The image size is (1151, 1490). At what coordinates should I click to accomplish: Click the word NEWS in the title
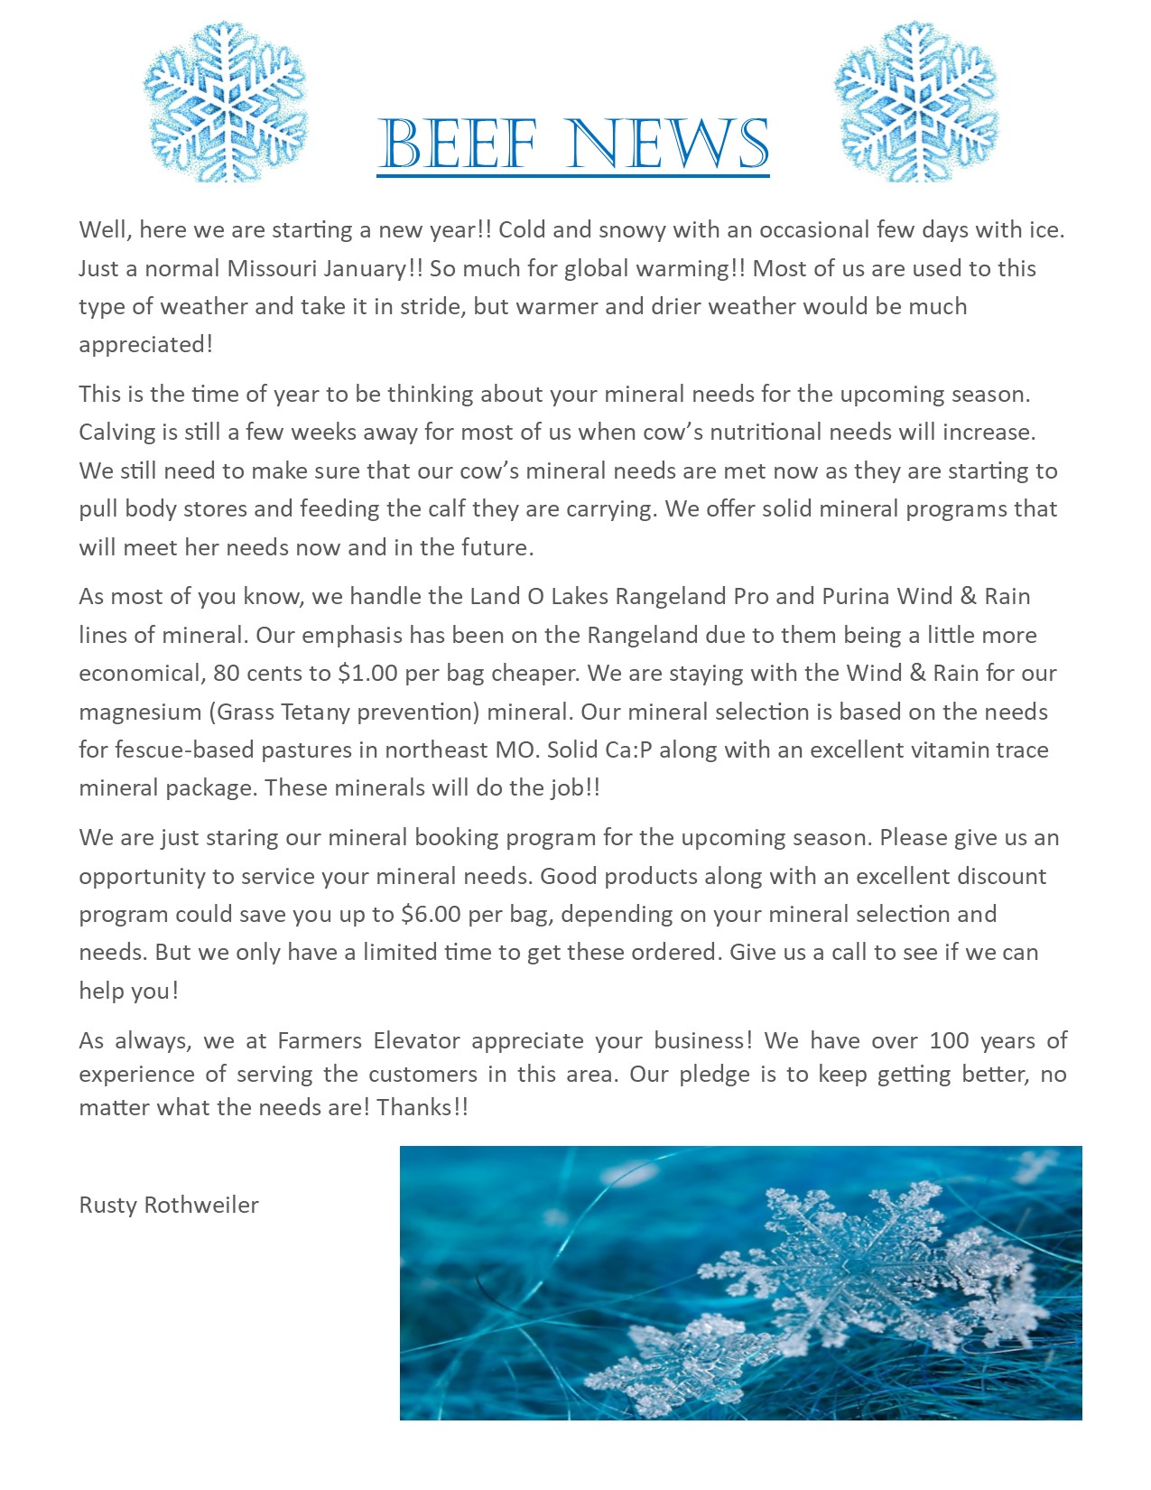pos(670,144)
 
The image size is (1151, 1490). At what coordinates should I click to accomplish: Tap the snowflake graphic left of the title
pos(226,101)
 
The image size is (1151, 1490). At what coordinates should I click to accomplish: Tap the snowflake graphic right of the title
pos(917,101)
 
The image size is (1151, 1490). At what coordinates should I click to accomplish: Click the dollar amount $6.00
pos(431,915)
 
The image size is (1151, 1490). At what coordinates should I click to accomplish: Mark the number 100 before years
pos(949,1041)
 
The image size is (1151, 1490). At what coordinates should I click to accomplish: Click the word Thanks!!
pos(422,1108)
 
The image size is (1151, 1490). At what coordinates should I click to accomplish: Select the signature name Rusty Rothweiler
pos(169,1206)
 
